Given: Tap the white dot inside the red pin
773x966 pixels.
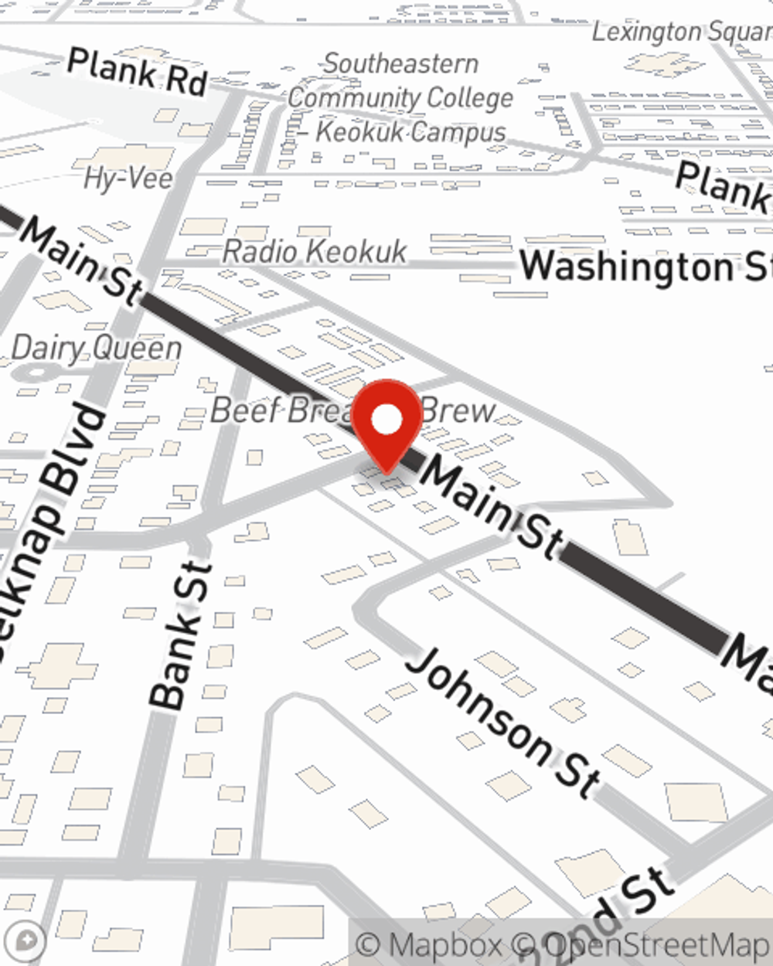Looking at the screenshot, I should (x=386, y=420).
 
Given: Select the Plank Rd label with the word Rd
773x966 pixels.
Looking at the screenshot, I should (x=137, y=72).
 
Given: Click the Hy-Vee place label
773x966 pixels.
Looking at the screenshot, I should (x=128, y=179).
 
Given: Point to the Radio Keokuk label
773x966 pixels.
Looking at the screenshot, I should (x=315, y=251).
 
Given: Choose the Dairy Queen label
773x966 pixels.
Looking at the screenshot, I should (x=97, y=348).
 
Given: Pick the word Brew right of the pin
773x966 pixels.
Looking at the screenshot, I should (x=459, y=410).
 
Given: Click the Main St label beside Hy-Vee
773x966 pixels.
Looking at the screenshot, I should (x=82, y=259).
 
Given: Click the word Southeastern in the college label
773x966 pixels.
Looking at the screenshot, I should (x=400, y=63).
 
